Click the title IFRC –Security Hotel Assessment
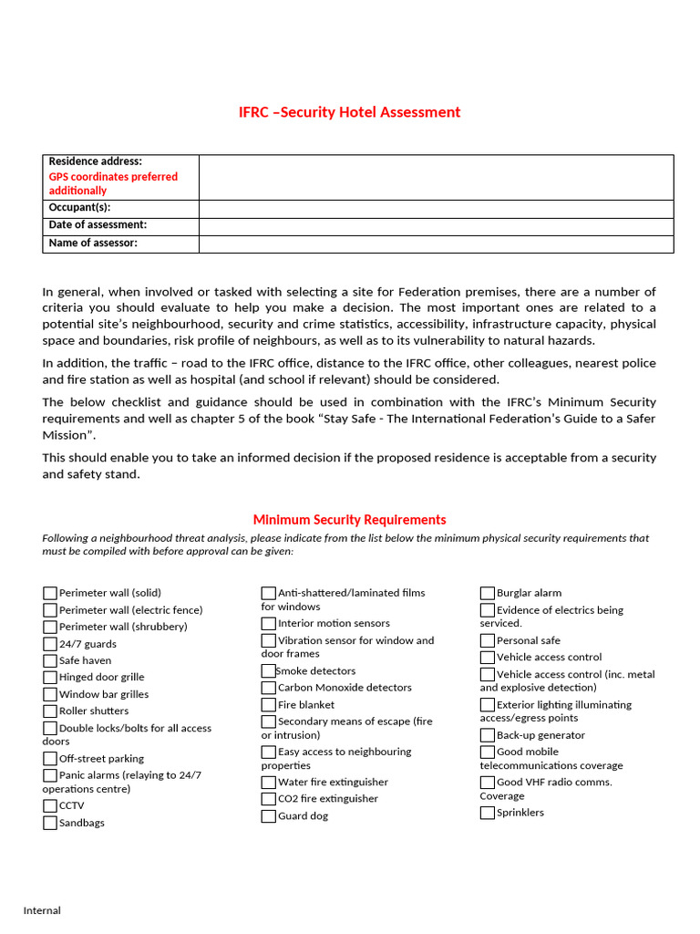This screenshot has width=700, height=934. click(349, 112)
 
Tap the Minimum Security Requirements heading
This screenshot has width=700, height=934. click(349, 519)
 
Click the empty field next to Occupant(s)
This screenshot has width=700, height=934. click(436, 209)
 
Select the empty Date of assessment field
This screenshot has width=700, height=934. click(436, 226)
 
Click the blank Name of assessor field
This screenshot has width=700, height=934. click(436, 244)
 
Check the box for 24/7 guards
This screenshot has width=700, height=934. click(50, 644)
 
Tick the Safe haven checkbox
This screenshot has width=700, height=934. click(50, 660)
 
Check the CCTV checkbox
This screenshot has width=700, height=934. click(50, 805)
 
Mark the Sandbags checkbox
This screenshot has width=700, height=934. click(50, 823)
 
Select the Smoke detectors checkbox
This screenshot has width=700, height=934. click(269, 670)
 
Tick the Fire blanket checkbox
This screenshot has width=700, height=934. click(269, 704)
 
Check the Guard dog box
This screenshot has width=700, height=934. click(269, 815)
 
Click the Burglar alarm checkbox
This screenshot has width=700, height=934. click(488, 593)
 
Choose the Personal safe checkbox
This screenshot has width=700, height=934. click(488, 640)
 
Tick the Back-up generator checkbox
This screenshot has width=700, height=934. click(488, 735)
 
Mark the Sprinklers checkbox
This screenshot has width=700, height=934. click(488, 812)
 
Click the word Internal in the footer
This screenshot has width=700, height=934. click(42, 910)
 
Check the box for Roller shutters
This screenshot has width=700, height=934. click(50, 711)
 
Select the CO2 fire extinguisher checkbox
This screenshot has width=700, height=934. click(269, 799)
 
